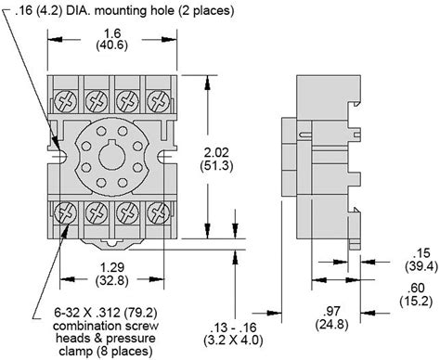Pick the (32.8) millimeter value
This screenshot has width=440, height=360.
(105, 281)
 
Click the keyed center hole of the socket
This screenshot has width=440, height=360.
(113, 155)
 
